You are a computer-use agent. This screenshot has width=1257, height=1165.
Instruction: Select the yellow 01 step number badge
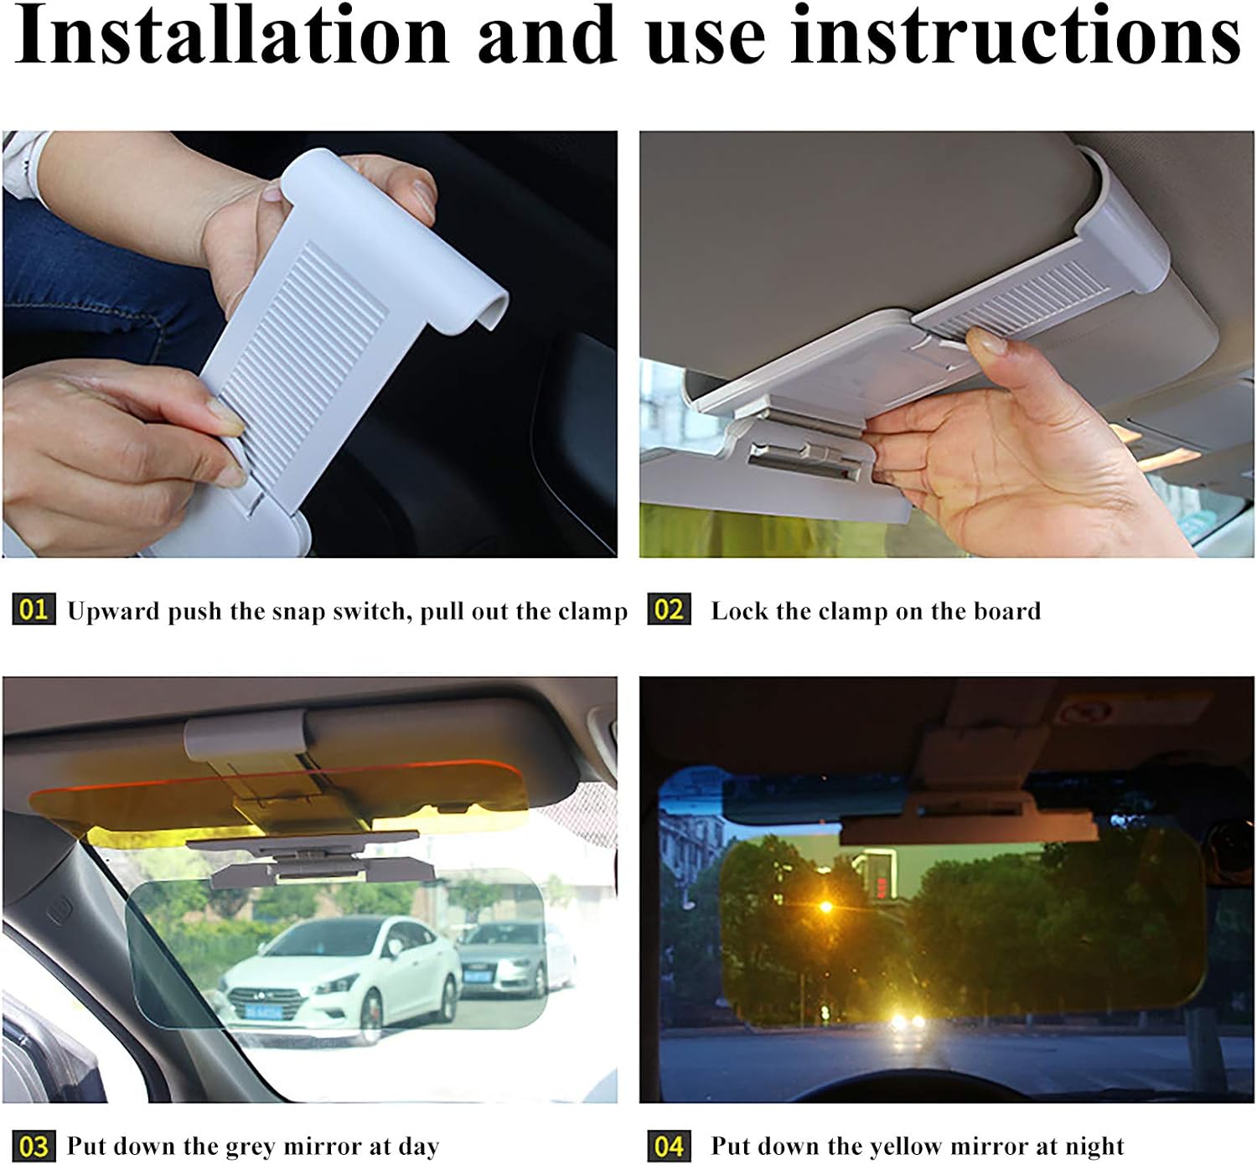tap(34, 609)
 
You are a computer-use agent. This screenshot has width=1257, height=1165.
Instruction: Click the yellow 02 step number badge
tap(669, 609)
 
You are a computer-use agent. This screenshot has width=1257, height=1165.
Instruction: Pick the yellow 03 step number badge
tap(34, 1145)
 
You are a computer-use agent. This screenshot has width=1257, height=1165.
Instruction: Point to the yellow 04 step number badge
tap(669, 1145)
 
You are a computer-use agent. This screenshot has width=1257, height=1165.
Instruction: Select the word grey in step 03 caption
tap(253, 1147)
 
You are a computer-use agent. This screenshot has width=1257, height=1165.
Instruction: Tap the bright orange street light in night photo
tap(826, 907)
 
